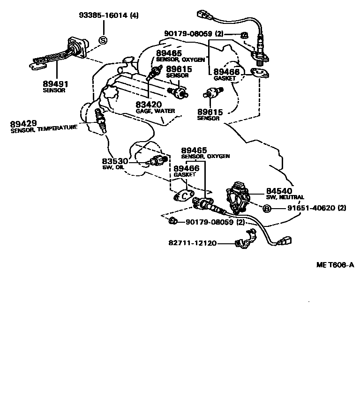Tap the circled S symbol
point(103,40)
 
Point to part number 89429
point(23,124)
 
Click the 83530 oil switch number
point(115,161)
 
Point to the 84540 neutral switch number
point(279,190)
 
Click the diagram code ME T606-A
point(335,265)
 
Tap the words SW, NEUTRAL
point(285,197)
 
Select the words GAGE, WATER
point(155,111)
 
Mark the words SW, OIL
point(112,167)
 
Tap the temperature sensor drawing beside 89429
point(100,121)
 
